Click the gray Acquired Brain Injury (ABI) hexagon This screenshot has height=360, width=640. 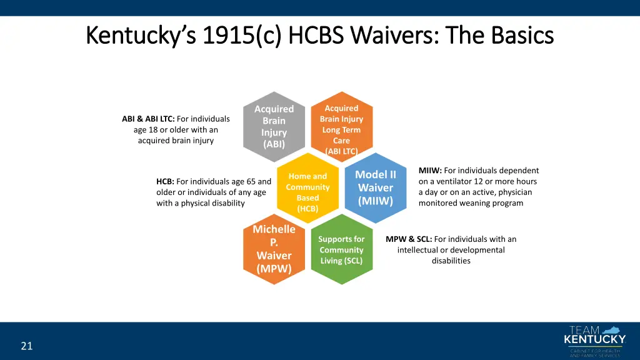274,126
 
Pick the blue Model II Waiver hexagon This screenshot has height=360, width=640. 375,187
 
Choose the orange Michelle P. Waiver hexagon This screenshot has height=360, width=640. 274,249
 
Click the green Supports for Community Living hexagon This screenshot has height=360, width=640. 341,249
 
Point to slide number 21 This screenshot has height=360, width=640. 26,346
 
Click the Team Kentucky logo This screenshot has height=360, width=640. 594,340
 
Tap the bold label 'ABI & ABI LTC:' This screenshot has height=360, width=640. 148,119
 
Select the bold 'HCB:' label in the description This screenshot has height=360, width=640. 165,181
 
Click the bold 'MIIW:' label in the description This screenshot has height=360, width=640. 431,171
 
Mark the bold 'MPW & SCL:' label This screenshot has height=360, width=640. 408,239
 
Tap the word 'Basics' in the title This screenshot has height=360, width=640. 522,35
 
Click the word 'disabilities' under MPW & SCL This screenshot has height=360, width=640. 451,261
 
